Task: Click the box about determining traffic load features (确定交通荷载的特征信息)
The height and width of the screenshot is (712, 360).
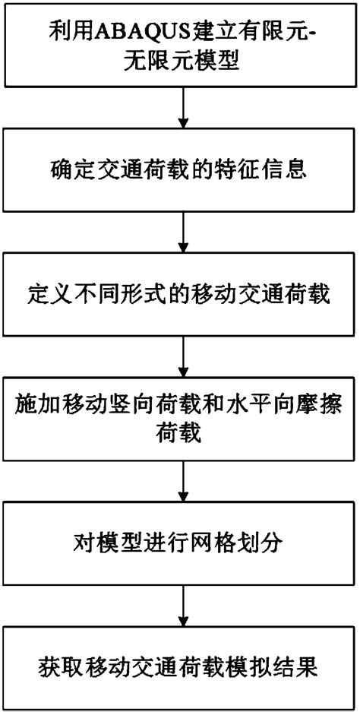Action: click(x=180, y=168)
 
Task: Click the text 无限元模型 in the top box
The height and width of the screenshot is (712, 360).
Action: click(x=180, y=62)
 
